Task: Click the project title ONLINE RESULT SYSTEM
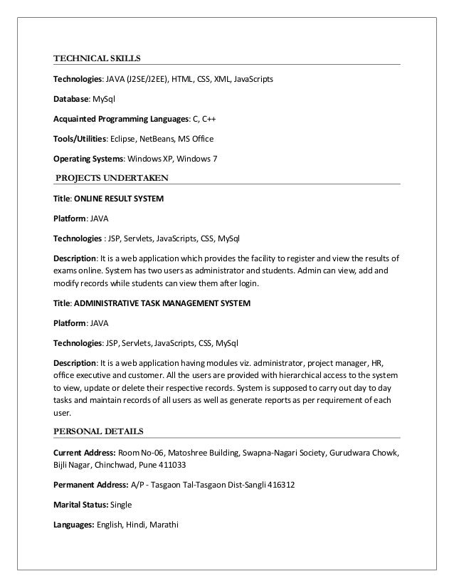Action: coord(119,199)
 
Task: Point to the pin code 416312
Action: coord(280,485)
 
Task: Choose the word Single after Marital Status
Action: coord(121,505)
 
